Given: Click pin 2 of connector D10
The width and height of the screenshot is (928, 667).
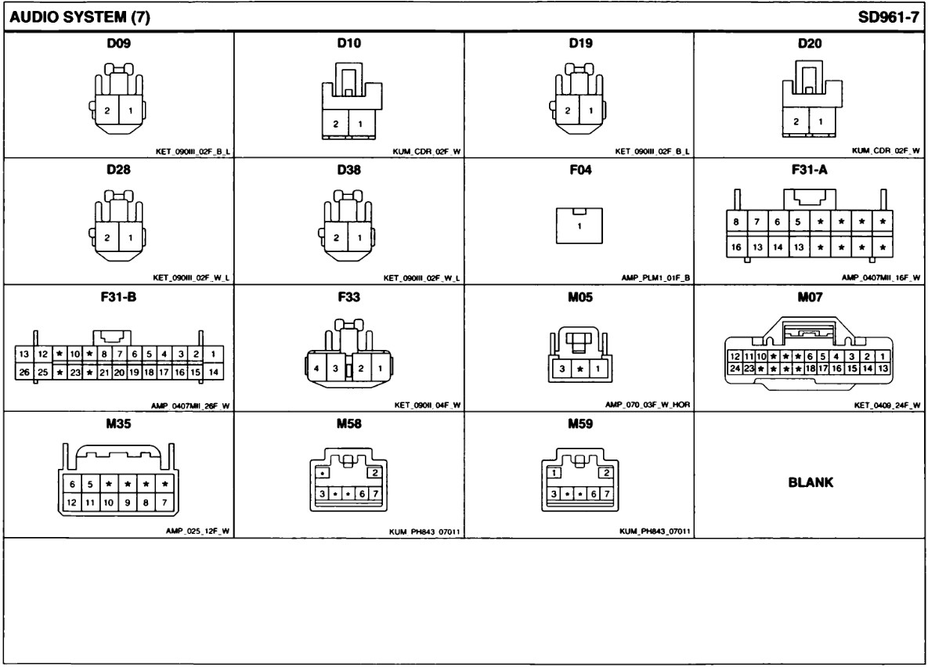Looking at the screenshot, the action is [x=336, y=124].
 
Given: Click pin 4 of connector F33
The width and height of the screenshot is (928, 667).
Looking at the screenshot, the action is [x=316, y=368].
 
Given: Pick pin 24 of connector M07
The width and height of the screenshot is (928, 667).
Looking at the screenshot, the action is [x=735, y=367].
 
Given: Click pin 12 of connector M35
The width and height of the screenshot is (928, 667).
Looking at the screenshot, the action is [x=70, y=500].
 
